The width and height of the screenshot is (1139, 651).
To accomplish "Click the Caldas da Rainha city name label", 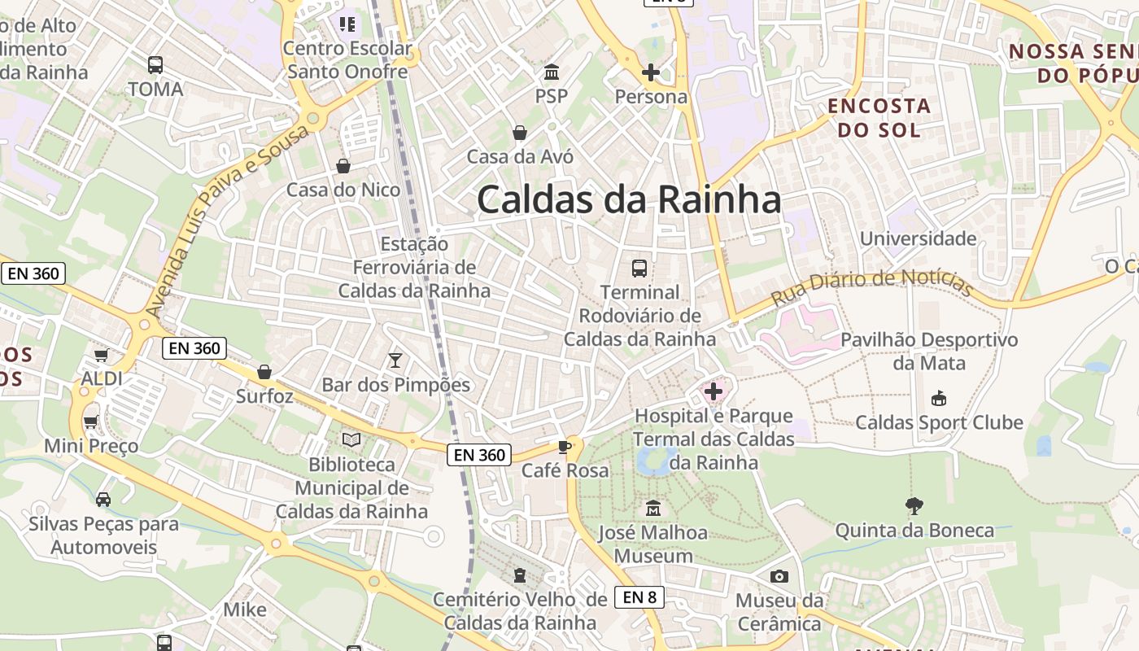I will [x=628, y=199].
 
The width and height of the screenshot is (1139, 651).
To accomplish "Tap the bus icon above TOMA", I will [x=155, y=64].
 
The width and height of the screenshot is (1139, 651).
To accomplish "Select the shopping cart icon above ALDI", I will [x=102, y=355].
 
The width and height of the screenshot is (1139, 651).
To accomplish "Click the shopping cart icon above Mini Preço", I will [x=91, y=422].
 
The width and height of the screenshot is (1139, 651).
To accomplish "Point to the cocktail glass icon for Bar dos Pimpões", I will [x=395, y=360].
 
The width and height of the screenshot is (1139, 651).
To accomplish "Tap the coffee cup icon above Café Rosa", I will [x=565, y=447].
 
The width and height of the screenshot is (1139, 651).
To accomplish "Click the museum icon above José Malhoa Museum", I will [x=652, y=509].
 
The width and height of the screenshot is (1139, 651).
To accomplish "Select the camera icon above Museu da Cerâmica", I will [x=779, y=576].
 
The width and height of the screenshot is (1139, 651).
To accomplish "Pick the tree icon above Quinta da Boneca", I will [x=914, y=505].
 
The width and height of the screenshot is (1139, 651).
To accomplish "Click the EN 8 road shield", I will [x=639, y=597].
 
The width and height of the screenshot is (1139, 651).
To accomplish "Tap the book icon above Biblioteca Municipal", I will [x=351, y=440].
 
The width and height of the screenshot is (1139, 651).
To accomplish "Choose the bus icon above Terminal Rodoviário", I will [x=639, y=268].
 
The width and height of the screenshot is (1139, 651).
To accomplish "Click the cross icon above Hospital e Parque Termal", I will [x=714, y=391].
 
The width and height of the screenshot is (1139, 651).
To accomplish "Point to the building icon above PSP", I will [x=552, y=72].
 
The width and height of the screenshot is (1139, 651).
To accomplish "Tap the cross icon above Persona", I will [x=651, y=72].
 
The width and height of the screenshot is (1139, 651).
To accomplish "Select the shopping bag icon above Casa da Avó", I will [x=519, y=132].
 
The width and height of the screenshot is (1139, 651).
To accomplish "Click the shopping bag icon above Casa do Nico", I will [x=343, y=166].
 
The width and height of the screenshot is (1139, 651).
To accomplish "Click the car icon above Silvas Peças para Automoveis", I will [x=103, y=499].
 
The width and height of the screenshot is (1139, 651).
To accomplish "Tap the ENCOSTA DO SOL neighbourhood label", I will [x=879, y=117].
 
